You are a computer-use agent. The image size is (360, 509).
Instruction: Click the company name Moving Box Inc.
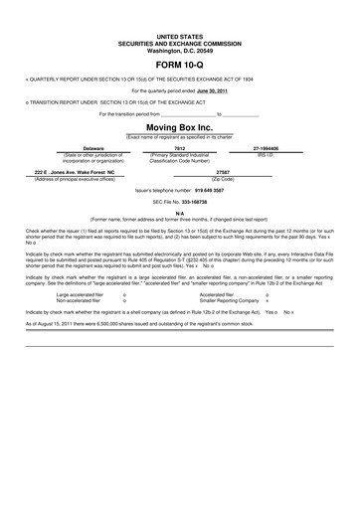179,128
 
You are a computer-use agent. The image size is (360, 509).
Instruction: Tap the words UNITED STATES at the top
179,34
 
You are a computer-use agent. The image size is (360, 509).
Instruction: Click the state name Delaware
93,147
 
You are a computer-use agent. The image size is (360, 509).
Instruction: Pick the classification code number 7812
180,147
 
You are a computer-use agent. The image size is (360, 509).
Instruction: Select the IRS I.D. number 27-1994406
266,147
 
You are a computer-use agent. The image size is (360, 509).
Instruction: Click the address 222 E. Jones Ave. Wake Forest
93,172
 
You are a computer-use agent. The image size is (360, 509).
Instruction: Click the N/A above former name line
179,213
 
